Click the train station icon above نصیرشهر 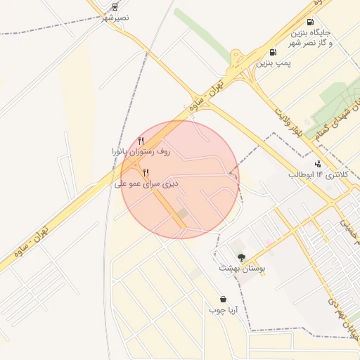click(x=115, y=6)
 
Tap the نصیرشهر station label click(x=115, y=17)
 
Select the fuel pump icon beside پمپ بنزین click(x=273, y=52)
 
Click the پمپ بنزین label click(x=273, y=63)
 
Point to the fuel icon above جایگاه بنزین click(x=310, y=22)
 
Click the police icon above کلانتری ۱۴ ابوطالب click(x=318, y=164)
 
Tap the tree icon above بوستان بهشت click(x=242, y=258)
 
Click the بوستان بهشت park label click(x=241, y=269)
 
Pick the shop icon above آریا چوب click(x=223, y=299)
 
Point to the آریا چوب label click(x=223, y=309)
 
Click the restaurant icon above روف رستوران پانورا click(x=141, y=141)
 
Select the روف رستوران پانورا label click(x=141, y=151)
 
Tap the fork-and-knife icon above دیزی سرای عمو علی click(x=146, y=172)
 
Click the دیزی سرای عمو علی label click(x=146, y=184)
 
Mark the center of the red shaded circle click(x=180, y=179)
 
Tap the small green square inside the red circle click(x=182, y=212)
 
